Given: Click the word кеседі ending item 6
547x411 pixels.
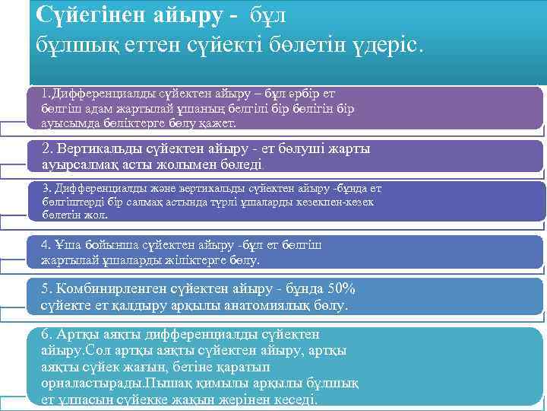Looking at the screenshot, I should pyautogui.click(x=295, y=400).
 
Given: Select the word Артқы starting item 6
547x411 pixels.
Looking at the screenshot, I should pyautogui.click(x=80, y=334).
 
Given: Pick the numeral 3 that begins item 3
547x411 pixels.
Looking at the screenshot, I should pyautogui.click(x=46, y=188).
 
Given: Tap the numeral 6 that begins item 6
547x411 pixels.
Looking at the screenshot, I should pyautogui.click(x=46, y=334).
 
